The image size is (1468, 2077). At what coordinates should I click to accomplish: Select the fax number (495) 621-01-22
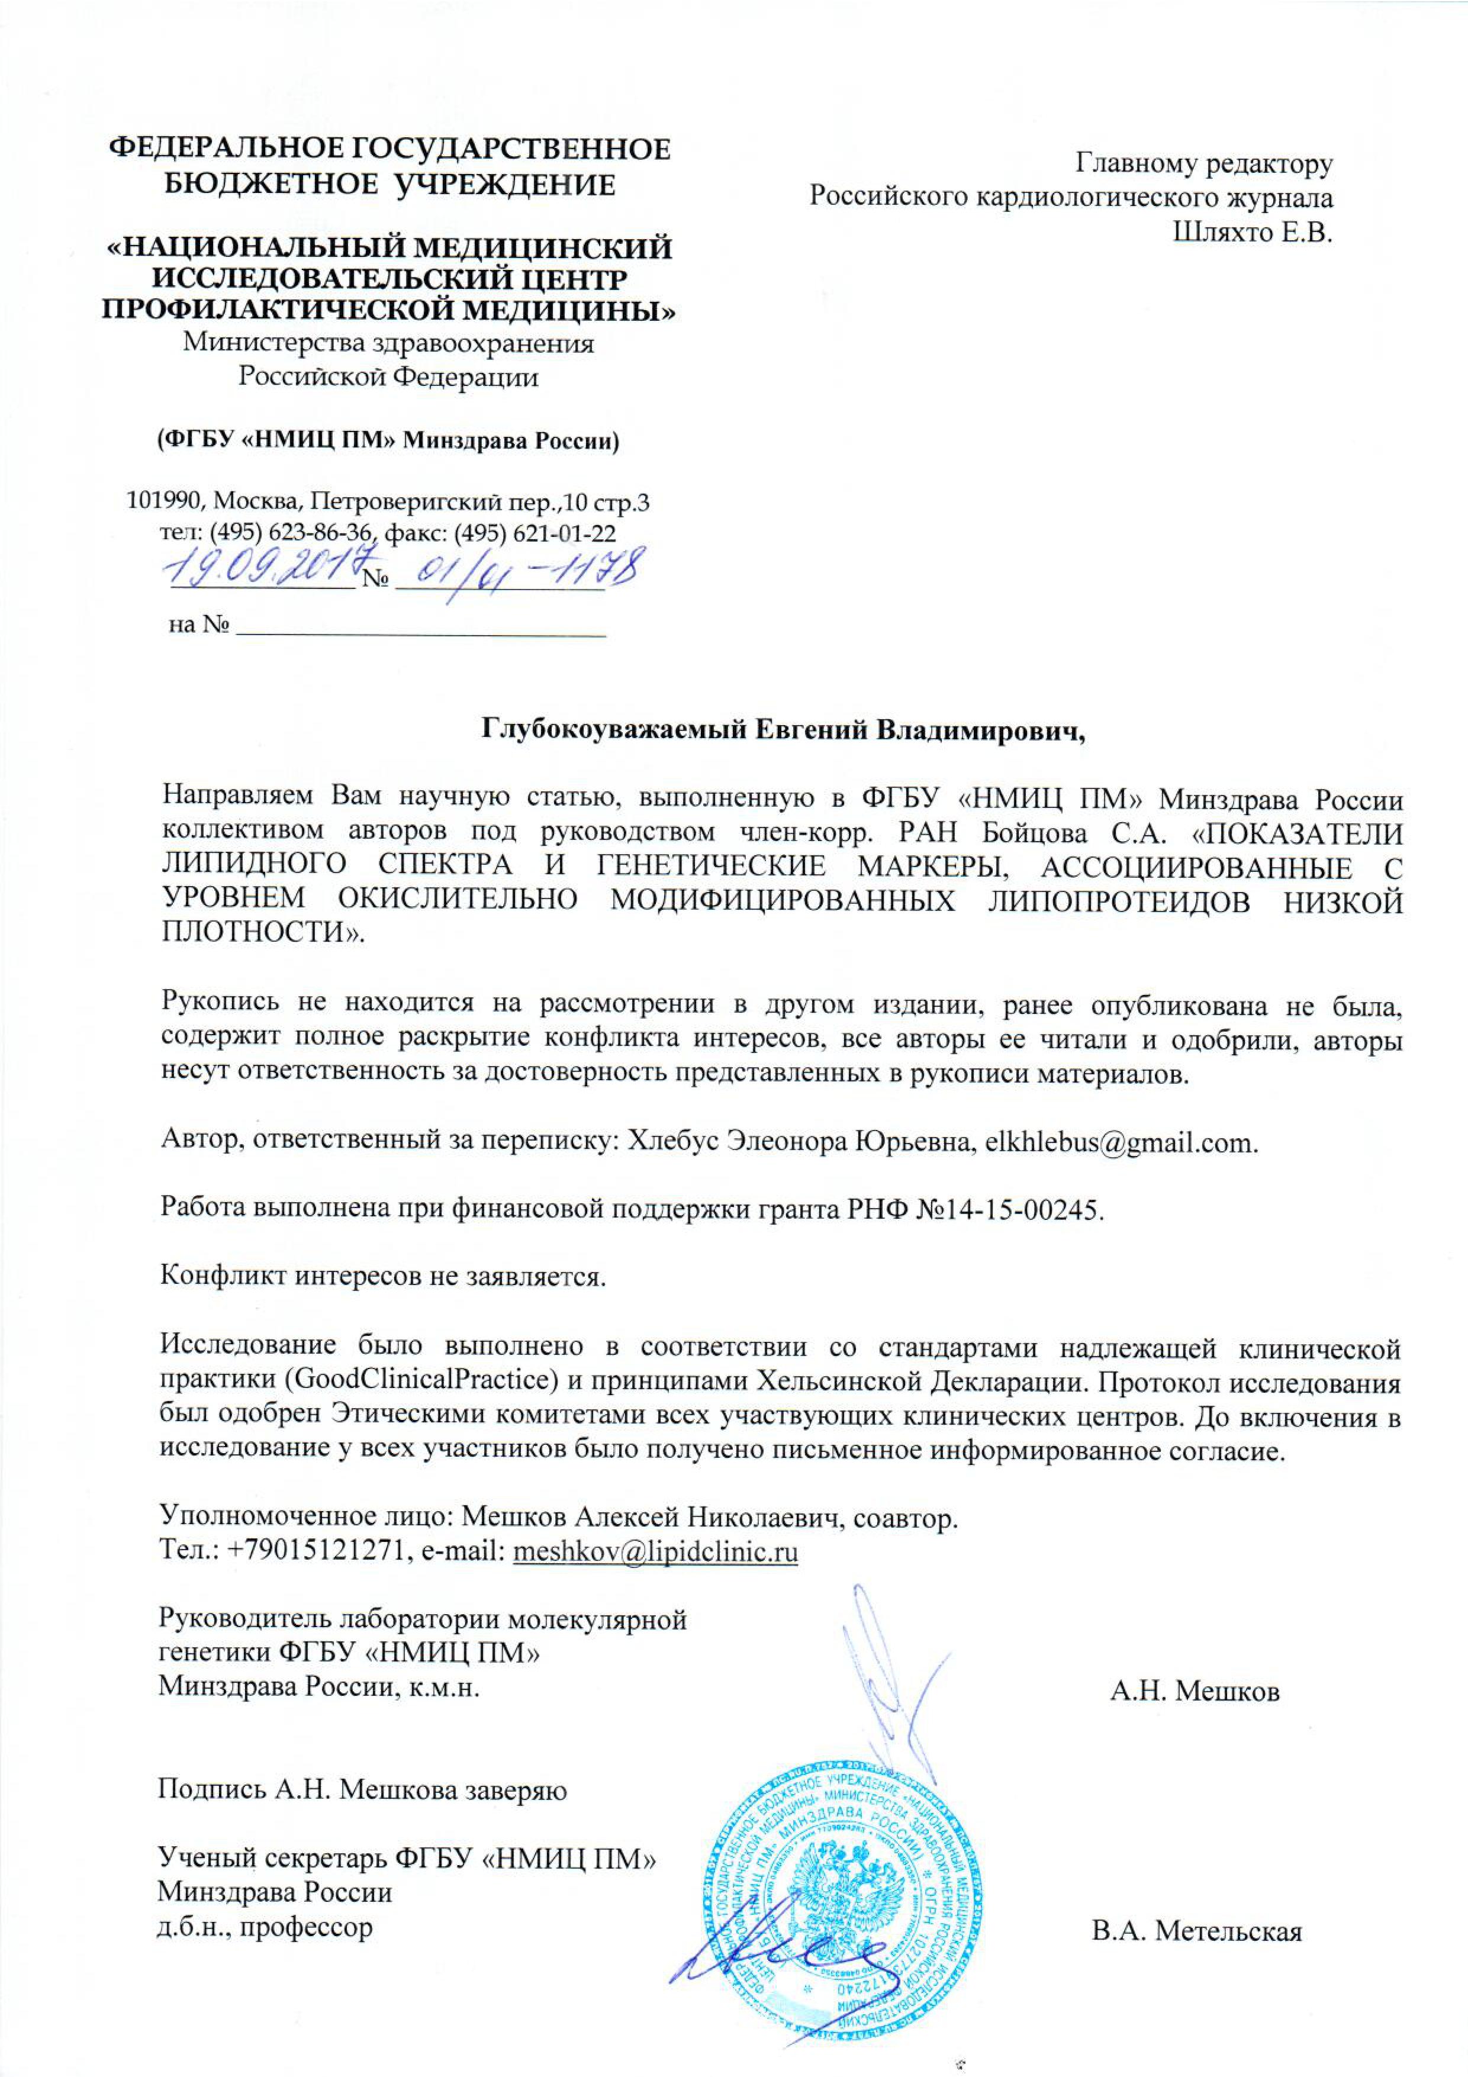coord(535,534)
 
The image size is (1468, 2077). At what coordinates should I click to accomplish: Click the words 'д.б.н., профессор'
coord(265,1928)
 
